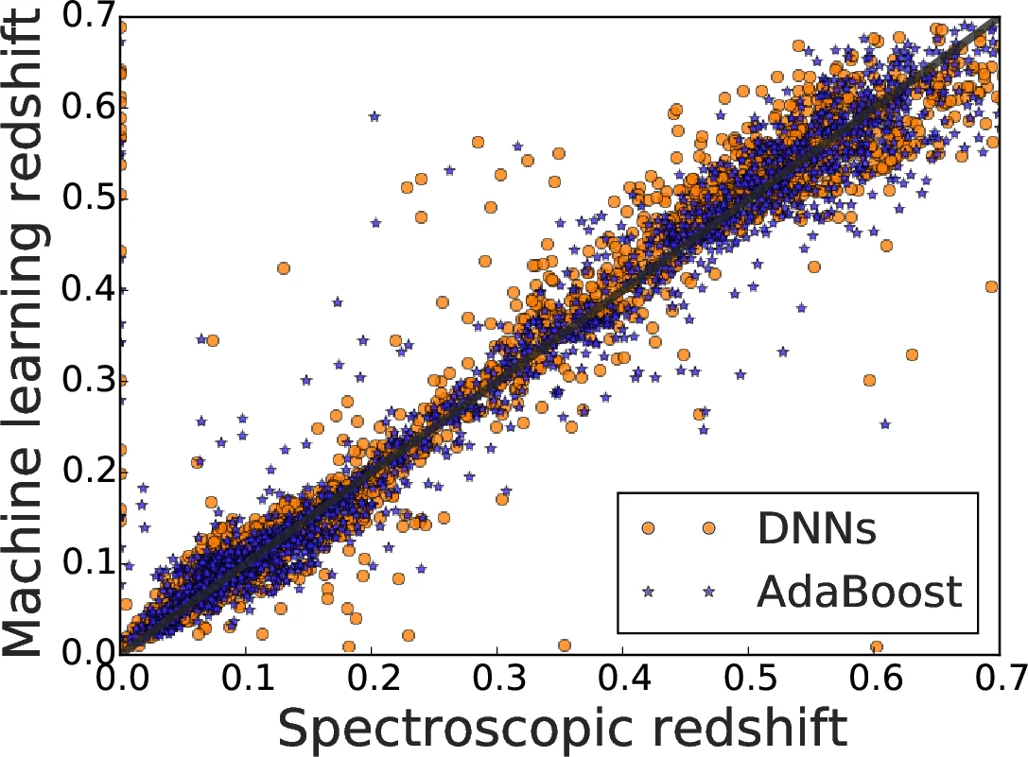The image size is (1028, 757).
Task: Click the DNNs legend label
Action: point(816,531)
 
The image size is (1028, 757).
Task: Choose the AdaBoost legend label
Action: point(859,592)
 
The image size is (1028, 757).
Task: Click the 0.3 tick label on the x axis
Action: point(497,679)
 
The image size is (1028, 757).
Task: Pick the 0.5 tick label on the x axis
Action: point(748,679)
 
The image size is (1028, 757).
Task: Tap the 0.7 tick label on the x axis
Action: point(999,679)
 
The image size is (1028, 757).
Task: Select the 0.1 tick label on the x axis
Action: point(245,679)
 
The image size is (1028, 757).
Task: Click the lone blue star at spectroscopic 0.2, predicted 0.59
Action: point(375,116)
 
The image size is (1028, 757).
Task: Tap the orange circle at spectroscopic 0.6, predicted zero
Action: point(877,647)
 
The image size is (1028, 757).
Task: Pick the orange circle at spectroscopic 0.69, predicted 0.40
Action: point(991,286)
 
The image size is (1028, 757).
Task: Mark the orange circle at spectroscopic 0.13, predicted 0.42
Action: point(284,268)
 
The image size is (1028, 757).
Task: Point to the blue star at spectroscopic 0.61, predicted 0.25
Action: point(885,424)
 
